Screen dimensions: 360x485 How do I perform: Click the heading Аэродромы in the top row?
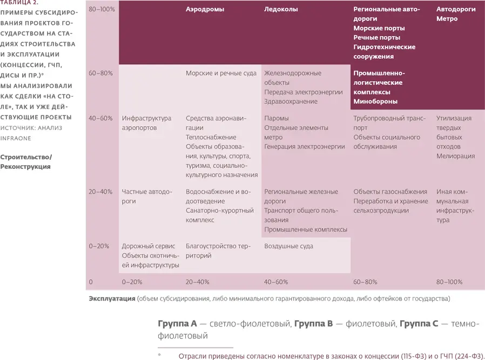[205, 9]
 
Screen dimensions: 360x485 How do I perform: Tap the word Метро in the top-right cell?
[447, 19]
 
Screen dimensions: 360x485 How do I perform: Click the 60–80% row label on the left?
[100, 73]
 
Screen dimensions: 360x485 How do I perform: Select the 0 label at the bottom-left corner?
[91, 282]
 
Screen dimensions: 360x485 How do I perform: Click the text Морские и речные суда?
[221, 73]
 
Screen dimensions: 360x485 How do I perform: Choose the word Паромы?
[277, 118]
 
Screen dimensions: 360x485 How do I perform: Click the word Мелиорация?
[455, 156]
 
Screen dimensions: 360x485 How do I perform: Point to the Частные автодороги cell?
[147, 196]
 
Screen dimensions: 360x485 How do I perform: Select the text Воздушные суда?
[288, 246]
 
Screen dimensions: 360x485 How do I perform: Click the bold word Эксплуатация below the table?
[112, 298]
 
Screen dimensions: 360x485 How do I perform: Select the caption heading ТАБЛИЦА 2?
[19, 3]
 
